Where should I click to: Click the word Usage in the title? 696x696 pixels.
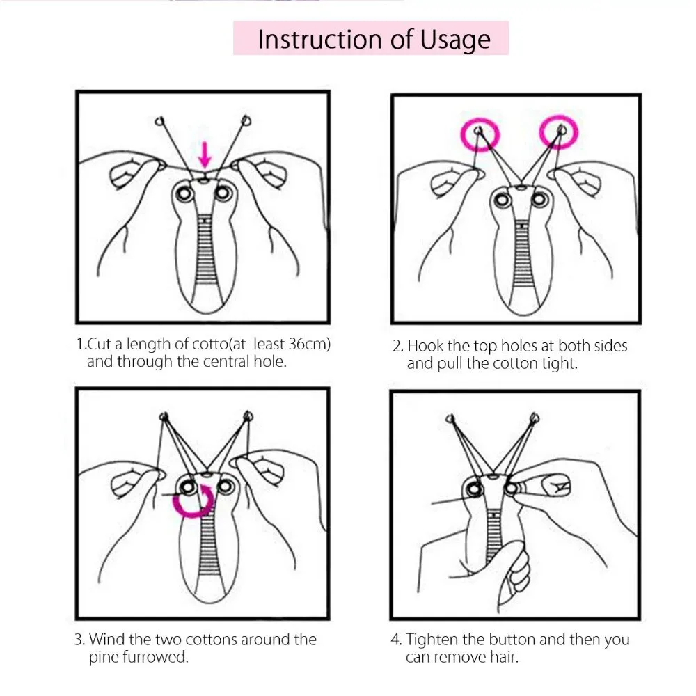455,40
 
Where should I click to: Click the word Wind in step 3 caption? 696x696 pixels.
107,640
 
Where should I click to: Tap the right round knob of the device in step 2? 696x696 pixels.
538,199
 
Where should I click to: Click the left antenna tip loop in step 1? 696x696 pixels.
160,120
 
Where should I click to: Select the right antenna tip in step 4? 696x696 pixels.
535,418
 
